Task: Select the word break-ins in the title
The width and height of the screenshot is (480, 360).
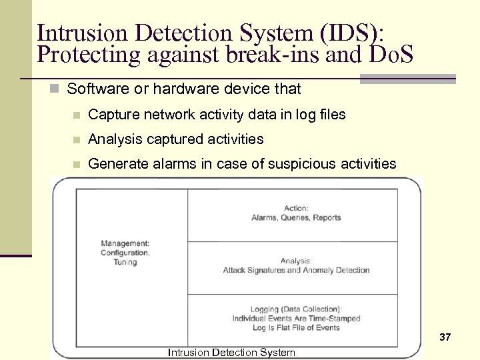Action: pos(263,54)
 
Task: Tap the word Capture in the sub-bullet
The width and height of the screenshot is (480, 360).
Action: pos(112,115)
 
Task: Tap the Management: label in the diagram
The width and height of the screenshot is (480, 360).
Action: pos(125,243)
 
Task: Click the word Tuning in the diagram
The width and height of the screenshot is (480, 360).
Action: pos(125,262)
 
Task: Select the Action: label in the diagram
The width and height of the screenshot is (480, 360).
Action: pos(296,208)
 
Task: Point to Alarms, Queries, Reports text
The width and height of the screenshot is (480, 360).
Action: pos(296,217)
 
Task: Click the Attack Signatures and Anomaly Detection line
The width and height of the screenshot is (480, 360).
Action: pos(296,270)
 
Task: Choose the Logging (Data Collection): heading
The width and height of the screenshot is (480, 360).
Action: pos(296,309)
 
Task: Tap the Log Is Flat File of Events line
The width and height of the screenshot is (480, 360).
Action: pos(296,327)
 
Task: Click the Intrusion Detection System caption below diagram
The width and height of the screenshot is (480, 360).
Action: pos(231,352)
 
